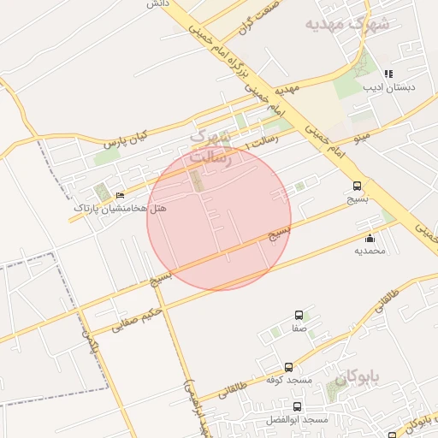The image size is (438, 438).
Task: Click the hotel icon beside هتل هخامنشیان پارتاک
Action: [x=119, y=195]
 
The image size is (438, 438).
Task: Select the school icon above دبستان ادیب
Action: [x=388, y=74]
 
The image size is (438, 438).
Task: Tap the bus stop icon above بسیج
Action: [x=357, y=186]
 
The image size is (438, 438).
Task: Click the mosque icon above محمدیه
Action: [x=370, y=238]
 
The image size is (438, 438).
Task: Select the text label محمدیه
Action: [x=370, y=251]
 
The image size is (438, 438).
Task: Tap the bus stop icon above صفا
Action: [x=298, y=315]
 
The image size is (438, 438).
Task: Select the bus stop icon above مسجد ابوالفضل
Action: [x=297, y=407]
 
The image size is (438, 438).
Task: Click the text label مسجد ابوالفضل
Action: [x=303, y=420]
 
